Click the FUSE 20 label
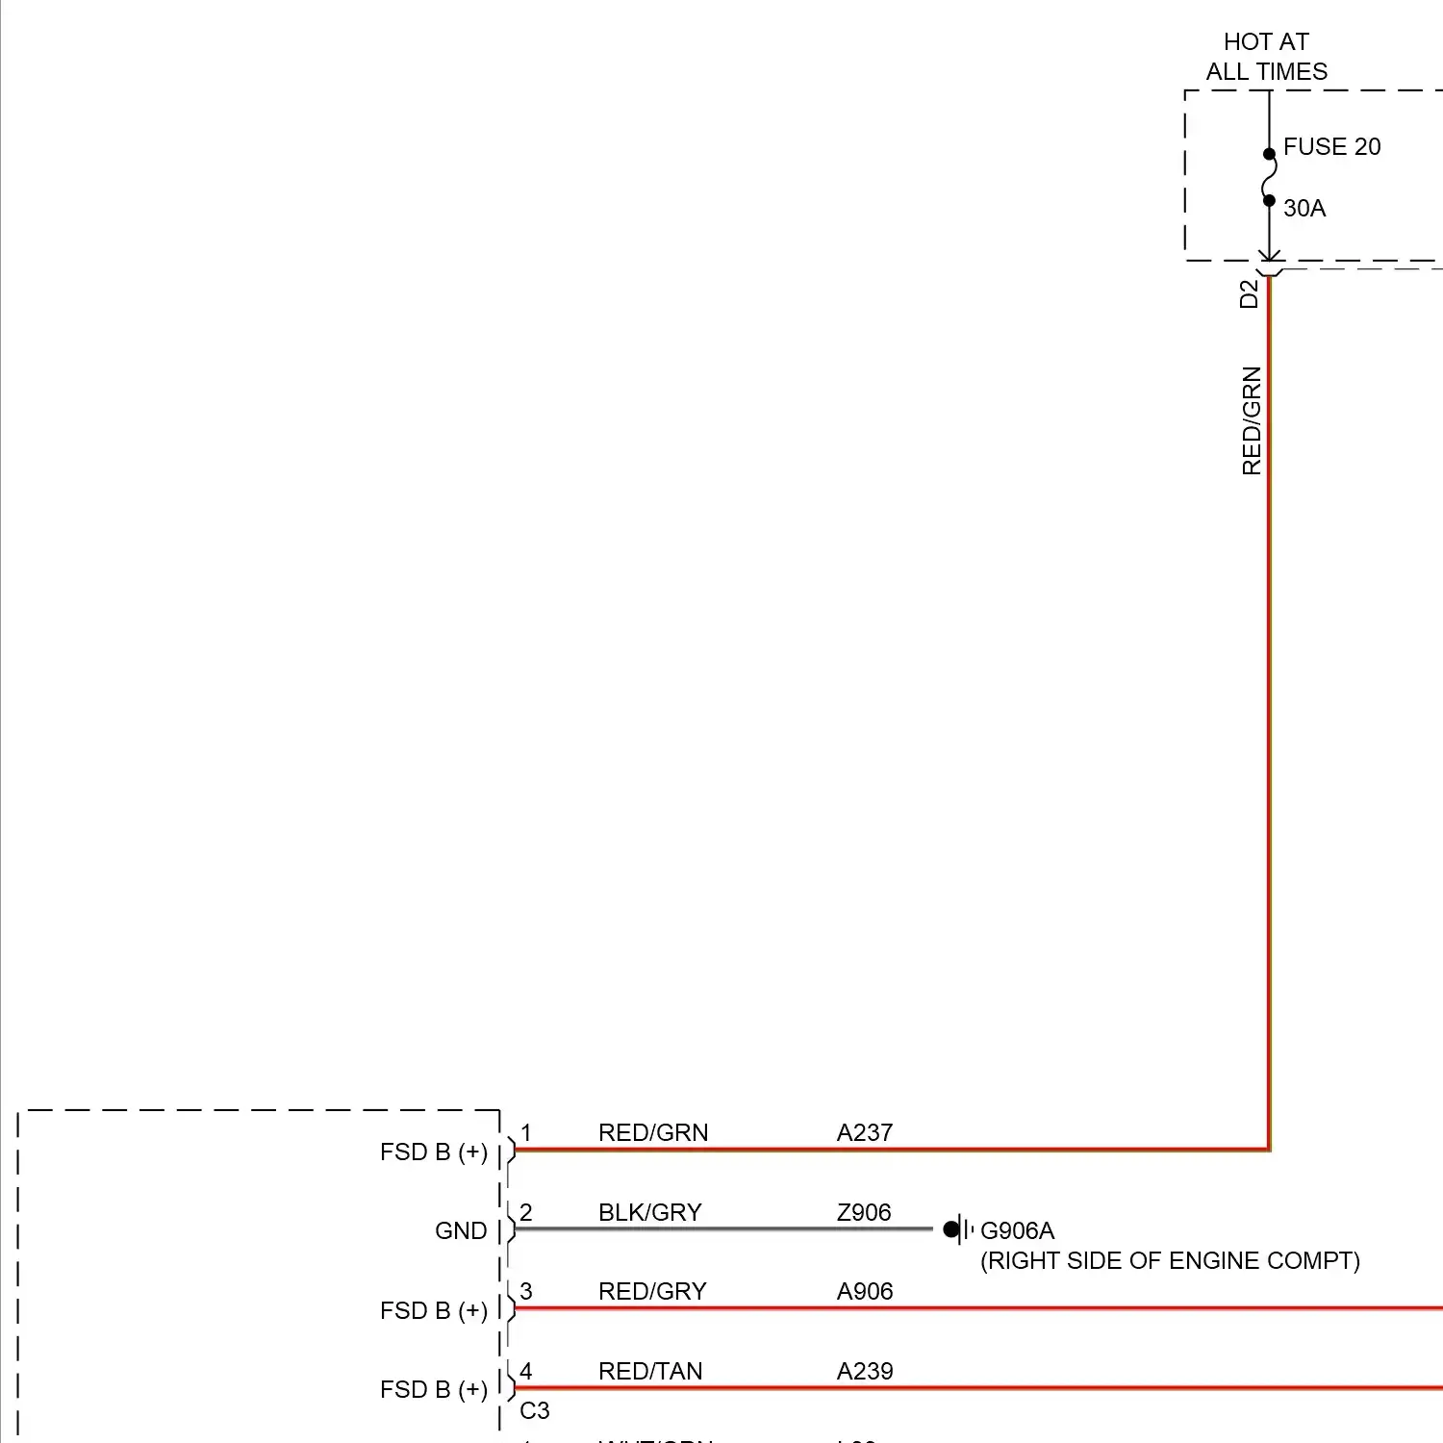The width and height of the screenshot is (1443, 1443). (x=1331, y=147)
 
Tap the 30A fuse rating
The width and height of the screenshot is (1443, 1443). (x=1304, y=209)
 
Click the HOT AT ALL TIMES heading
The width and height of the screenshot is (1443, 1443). (x=1266, y=57)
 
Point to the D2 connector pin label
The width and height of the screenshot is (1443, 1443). (x=1250, y=293)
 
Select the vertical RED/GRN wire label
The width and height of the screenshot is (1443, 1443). (x=1252, y=420)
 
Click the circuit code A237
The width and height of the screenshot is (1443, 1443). (x=865, y=1133)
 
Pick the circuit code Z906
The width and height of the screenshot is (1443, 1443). (x=864, y=1213)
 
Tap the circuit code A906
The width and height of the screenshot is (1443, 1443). (x=865, y=1292)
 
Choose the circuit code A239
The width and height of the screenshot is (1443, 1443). (x=865, y=1372)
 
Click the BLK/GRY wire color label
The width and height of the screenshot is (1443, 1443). (x=650, y=1213)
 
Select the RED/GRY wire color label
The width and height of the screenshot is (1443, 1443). (x=652, y=1292)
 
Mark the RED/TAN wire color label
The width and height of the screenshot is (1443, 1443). (x=650, y=1372)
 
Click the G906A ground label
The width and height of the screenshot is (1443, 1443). (x=1017, y=1231)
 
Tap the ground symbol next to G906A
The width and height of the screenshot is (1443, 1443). (x=956, y=1229)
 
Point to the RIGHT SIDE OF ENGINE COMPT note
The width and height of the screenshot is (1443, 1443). (x=1170, y=1261)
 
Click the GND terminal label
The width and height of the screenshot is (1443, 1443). (x=461, y=1231)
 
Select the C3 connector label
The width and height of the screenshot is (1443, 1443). (x=535, y=1411)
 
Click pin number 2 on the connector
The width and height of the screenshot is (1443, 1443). (x=526, y=1213)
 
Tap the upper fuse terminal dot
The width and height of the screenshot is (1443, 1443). (x=1269, y=154)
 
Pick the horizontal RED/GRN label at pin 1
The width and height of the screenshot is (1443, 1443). (x=653, y=1133)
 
